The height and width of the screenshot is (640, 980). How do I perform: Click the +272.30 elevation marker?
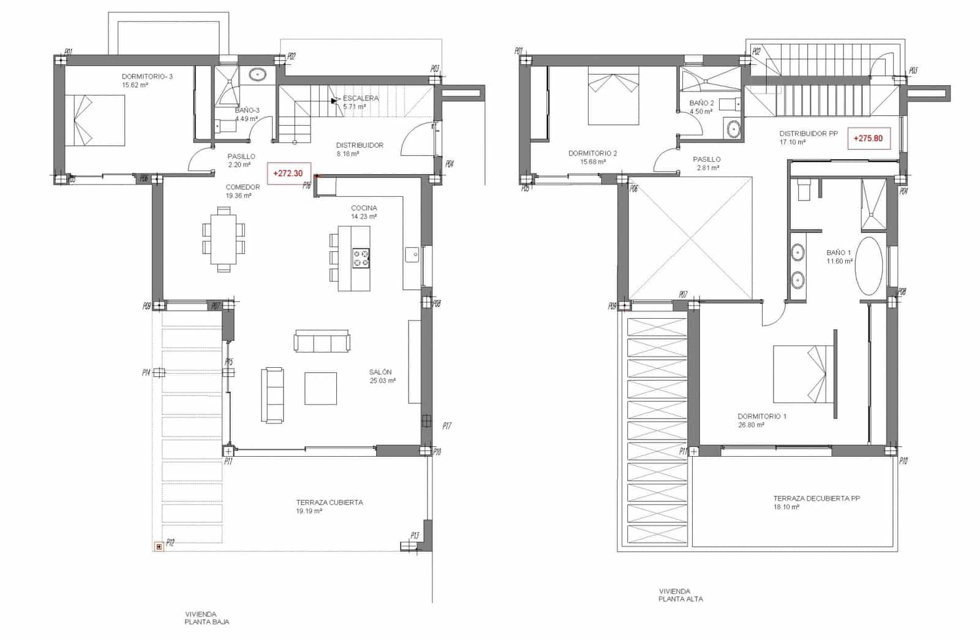[x=288, y=173]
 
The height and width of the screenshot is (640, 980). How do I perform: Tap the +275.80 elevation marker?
[x=869, y=139]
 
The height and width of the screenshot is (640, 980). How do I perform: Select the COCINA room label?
[x=364, y=208]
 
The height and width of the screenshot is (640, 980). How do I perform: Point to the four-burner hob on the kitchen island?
[x=361, y=257]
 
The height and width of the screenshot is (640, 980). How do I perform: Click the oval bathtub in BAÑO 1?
[x=869, y=267]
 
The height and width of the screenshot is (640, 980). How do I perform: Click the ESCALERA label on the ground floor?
[x=361, y=98]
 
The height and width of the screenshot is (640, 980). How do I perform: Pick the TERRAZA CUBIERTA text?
[x=330, y=502]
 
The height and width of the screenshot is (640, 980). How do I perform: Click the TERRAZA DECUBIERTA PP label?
[x=816, y=498]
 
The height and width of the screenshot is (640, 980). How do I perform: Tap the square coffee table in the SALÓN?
[x=321, y=388]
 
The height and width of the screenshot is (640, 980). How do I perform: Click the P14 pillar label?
[x=146, y=372]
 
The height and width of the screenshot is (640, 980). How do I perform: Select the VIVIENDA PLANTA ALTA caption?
[x=680, y=595]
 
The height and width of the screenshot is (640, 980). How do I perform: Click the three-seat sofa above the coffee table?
[x=322, y=341]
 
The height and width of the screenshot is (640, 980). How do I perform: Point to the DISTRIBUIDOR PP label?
[x=808, y=133]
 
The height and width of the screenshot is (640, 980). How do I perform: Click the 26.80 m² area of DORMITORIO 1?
[x=751, y=425]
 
